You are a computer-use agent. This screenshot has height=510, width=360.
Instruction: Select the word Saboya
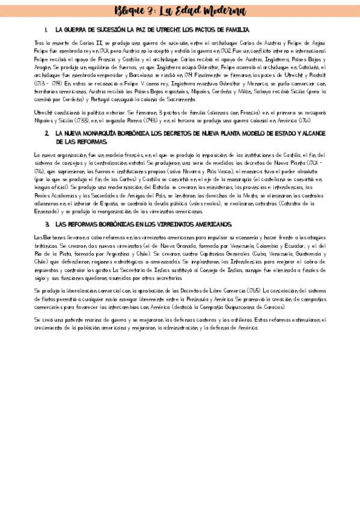[x=272, y=91]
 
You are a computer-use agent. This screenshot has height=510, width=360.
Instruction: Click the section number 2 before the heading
[x=47, y=133]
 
